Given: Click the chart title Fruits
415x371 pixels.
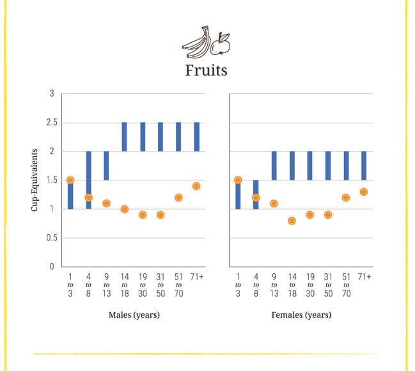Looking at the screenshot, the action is click(x=206, y=70).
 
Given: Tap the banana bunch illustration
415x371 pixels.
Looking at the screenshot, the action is click(x=196, y=42).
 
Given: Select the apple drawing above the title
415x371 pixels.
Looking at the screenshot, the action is click(x=220, y=44).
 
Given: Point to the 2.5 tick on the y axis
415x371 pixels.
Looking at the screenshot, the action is click(x=52, y=122).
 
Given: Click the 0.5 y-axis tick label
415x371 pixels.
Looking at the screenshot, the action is click(x=52, y=237).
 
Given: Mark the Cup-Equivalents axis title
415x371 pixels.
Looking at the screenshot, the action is click(x=35, y=180).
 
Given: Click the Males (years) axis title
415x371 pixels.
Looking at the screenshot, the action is click(x=134, y=315).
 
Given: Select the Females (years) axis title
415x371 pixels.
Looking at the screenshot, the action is click(x=301, y=315).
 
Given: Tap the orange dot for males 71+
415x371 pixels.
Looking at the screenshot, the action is click(x=196, y=186).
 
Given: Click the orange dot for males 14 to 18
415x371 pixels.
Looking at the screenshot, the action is click(x=125, y=209).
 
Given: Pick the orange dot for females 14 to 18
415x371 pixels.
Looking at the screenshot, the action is click(x=292, y=221).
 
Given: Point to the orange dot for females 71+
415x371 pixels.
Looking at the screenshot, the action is click(x=364, y=192).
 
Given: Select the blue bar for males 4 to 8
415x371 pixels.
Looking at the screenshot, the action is click(x=89, y=180).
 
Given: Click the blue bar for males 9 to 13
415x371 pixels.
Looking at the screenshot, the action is click(x=106, y=166).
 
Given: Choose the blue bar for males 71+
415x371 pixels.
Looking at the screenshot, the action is click(x=197, y=137).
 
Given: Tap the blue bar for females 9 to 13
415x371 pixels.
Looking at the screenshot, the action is click(x=274, y=166).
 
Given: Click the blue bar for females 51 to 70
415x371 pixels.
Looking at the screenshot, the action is click(x=346, y=166).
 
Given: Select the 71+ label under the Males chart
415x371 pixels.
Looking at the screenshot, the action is click(x=197, y=277).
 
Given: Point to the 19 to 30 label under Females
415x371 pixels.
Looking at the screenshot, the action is click(x=310, y=285).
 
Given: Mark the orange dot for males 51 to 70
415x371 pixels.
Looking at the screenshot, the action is click(x=178, y=198).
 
